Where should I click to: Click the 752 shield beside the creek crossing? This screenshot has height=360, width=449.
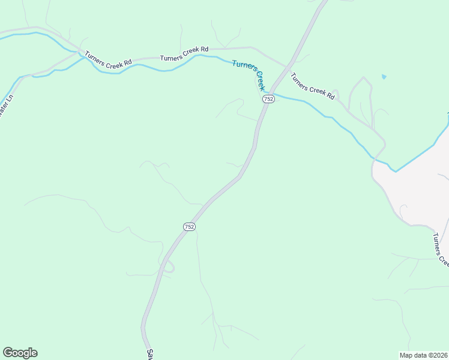point(268,99)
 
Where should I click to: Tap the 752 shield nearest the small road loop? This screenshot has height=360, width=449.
point(189,226)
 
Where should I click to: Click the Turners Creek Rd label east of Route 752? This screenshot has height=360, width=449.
point(312,86)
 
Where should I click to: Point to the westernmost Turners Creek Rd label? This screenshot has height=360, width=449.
point(108,59)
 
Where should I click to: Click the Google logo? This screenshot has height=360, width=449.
point(20,353)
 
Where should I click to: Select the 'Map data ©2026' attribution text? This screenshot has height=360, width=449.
point(423,355)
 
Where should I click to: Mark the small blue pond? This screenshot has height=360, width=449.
point(384,77)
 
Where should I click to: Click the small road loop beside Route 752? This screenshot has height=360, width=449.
point(169,267)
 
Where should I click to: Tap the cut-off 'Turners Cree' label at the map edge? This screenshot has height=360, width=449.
point(441,248)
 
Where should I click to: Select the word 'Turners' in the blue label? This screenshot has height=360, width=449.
point(243,66)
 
